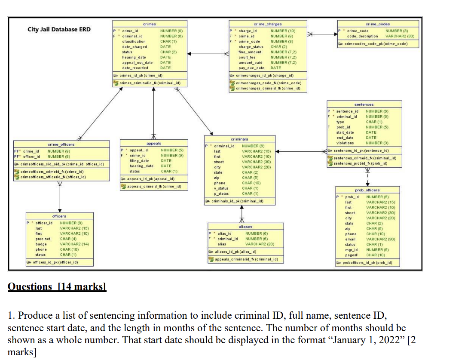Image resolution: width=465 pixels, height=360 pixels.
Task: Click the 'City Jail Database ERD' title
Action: click(59, 29)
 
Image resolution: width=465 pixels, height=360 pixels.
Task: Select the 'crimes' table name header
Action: click(150, 25)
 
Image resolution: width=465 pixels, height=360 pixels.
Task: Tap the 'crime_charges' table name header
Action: click(268, 25)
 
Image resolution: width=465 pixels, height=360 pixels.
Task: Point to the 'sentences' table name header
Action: click(364, 105)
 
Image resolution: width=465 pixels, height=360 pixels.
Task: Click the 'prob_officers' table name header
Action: click(367, 190)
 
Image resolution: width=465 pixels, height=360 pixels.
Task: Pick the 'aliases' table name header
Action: click(245, 226)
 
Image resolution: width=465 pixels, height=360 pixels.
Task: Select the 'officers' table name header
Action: click(59, 216)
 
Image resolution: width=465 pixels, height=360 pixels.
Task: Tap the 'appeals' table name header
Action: click(153, 143)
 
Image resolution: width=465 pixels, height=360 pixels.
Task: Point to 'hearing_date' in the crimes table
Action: click(134, 57)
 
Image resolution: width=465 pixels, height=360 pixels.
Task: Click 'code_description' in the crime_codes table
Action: click(362, 37)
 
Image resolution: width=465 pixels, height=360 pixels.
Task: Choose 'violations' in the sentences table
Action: click(345, 143)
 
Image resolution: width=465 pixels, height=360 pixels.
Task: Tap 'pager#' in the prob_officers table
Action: click(351, 255)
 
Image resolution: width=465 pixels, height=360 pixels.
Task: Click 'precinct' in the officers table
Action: click(43, 239)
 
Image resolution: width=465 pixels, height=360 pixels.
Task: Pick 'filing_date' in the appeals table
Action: click(139, 160)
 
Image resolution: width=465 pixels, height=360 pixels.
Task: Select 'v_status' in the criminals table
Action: click(221, 188)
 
